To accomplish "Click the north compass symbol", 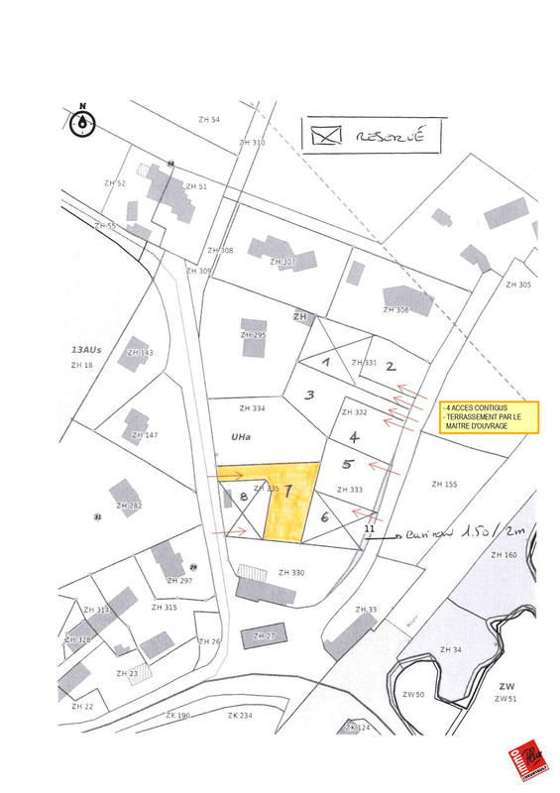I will (84, 122).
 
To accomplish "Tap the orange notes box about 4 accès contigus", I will (490, 416).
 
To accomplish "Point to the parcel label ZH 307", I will (282, 262).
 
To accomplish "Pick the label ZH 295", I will (253, 335).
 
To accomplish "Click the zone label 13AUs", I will (86, 350).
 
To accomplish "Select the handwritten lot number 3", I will (309, 395).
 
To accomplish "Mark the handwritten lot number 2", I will (391, 366).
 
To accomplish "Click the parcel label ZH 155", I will (444, 484).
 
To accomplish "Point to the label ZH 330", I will (291, 572).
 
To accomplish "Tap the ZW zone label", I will (505, 685).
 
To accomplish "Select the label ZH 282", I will (129, 506).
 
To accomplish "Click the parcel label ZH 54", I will (208, 119).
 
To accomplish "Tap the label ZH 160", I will (504, 554).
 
